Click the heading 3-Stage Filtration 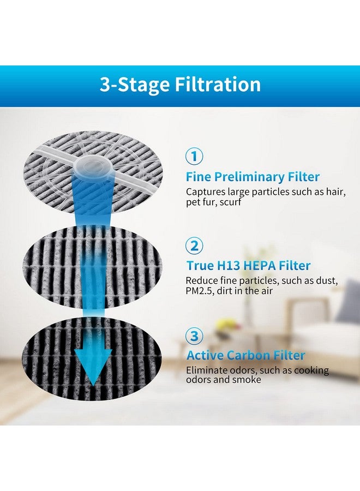point(180,85)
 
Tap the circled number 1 point(195,157)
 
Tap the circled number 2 point(195,245)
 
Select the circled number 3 point(195,335)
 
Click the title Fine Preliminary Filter point(253,177)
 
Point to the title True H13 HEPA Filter point(248,266)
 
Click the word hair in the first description point(333,192)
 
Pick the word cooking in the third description point(311,370)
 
